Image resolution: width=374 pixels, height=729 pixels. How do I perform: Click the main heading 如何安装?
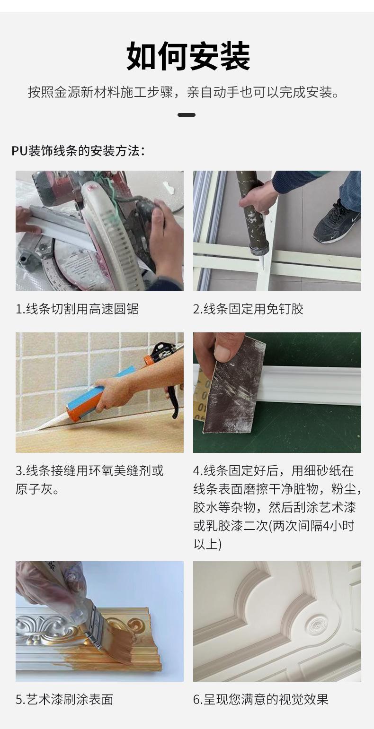188,56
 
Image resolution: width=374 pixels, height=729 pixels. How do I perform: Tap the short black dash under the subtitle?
186,115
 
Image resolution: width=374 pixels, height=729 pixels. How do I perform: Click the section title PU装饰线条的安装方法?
78,151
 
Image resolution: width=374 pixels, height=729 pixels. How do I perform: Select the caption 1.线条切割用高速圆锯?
77,309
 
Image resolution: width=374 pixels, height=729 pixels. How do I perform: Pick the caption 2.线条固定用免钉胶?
248,309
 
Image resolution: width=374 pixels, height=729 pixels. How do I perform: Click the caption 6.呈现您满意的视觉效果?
260,699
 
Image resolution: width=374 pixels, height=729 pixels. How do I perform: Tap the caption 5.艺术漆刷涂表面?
64,699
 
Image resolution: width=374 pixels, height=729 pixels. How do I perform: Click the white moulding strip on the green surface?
312,385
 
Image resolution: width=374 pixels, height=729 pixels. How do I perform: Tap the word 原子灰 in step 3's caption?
32,489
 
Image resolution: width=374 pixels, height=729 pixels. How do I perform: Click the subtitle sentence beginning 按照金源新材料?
184,92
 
